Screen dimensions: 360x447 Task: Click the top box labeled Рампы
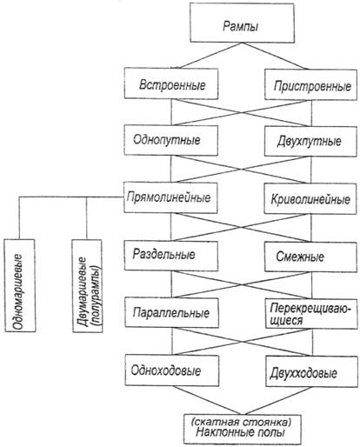point(242,23)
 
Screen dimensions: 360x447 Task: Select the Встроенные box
point(171,83)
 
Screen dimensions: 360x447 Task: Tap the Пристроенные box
point(310,84)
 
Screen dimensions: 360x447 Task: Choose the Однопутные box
point(171,140)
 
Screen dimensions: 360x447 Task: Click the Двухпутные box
point(310,142)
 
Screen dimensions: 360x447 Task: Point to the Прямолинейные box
point(170,197)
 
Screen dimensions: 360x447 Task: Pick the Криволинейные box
point(310,199)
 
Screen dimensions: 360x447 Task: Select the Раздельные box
point(171,256)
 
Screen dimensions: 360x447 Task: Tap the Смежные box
point(310,257)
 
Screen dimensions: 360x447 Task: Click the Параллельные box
point(171,313)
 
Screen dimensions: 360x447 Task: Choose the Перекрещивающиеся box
point(311,314)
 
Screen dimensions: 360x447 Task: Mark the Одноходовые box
point(172,370)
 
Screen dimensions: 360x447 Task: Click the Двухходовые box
point(311,371)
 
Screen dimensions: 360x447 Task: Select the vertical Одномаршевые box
point(20,285)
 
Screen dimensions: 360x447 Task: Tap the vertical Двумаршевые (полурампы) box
point(87,286)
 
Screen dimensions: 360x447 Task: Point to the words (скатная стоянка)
point(242,422)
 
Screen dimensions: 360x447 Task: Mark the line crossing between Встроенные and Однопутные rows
point(242,113)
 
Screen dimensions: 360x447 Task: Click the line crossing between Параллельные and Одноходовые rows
point(242,342)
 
